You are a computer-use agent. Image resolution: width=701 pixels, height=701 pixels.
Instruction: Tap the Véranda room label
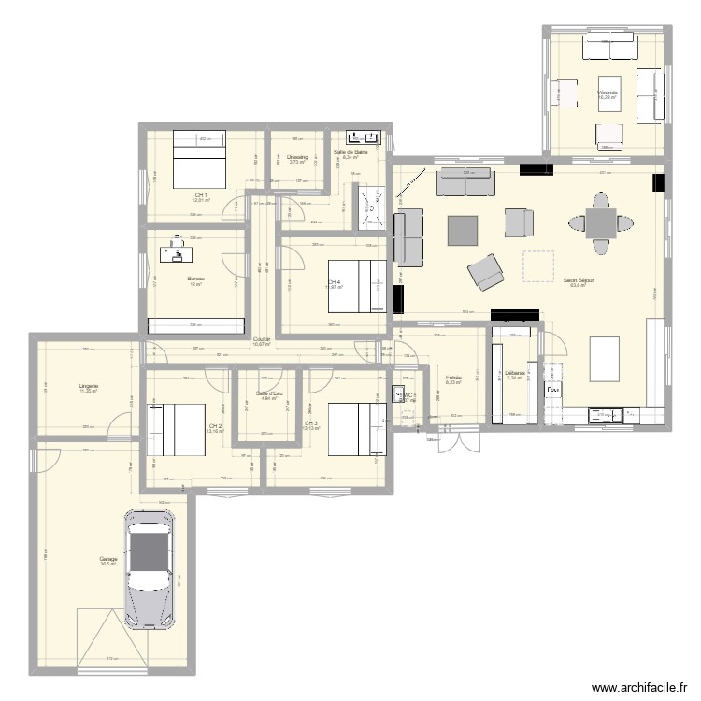click(608, 93)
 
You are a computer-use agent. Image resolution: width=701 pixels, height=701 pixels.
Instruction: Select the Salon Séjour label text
click(579, 279)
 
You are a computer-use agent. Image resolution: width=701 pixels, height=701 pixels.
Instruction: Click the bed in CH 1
click(198, 160)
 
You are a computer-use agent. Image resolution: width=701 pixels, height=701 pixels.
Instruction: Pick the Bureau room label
click(195, 279)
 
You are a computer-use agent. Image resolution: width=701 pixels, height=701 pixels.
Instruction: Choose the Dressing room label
click(297, 157)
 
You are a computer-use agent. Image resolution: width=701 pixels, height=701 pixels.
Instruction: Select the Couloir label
click(262, 339)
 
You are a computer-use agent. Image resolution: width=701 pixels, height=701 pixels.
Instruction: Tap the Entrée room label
click(454, 378)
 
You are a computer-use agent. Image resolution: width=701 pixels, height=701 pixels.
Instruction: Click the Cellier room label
click(515, 373)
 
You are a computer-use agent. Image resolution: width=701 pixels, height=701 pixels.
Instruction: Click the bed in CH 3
click(355, 427)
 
